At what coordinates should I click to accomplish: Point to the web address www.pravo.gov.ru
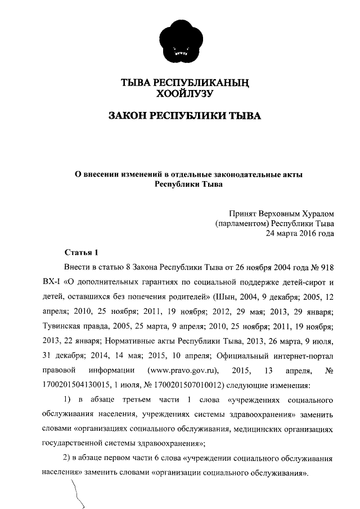tap(182, 370)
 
